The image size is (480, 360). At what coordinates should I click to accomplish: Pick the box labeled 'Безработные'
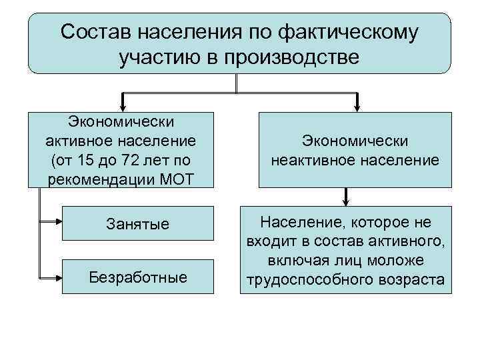tap(137, 276)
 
